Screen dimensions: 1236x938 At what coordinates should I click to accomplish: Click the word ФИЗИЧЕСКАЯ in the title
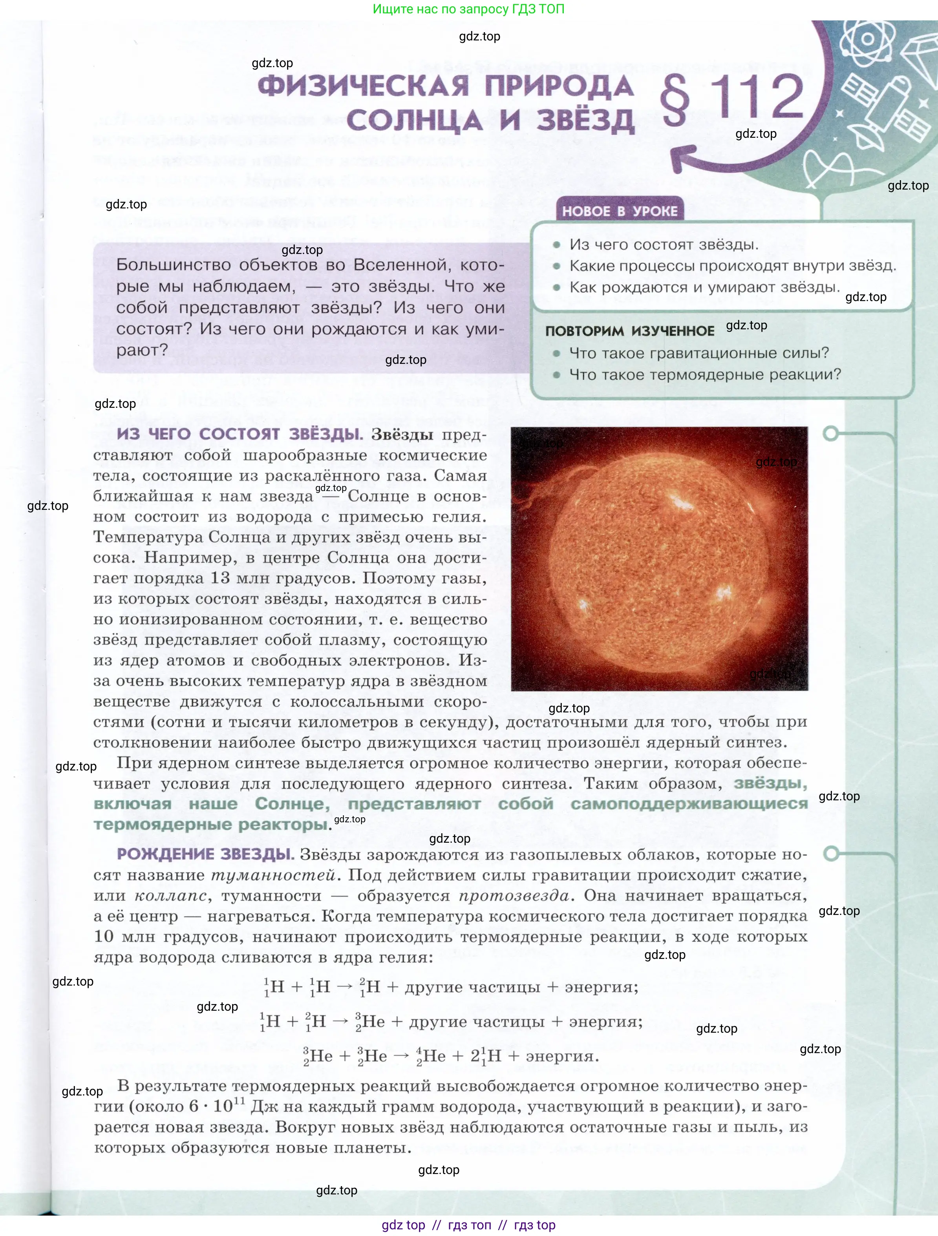(363, 87)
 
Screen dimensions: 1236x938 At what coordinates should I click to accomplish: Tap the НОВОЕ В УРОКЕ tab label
(619, 211)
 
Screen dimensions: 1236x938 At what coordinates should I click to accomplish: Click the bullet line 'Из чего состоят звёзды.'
(664, 245)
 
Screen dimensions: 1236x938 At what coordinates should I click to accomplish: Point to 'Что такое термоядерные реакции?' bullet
(705, 374)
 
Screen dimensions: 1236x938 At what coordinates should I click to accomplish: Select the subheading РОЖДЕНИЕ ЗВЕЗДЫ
(205, 854)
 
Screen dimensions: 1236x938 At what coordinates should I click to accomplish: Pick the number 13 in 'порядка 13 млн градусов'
(220, 578)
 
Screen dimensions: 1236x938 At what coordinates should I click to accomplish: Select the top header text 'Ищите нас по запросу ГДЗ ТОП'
(468, 9)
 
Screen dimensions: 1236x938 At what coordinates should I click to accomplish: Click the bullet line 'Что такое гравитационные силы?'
(699, 353)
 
